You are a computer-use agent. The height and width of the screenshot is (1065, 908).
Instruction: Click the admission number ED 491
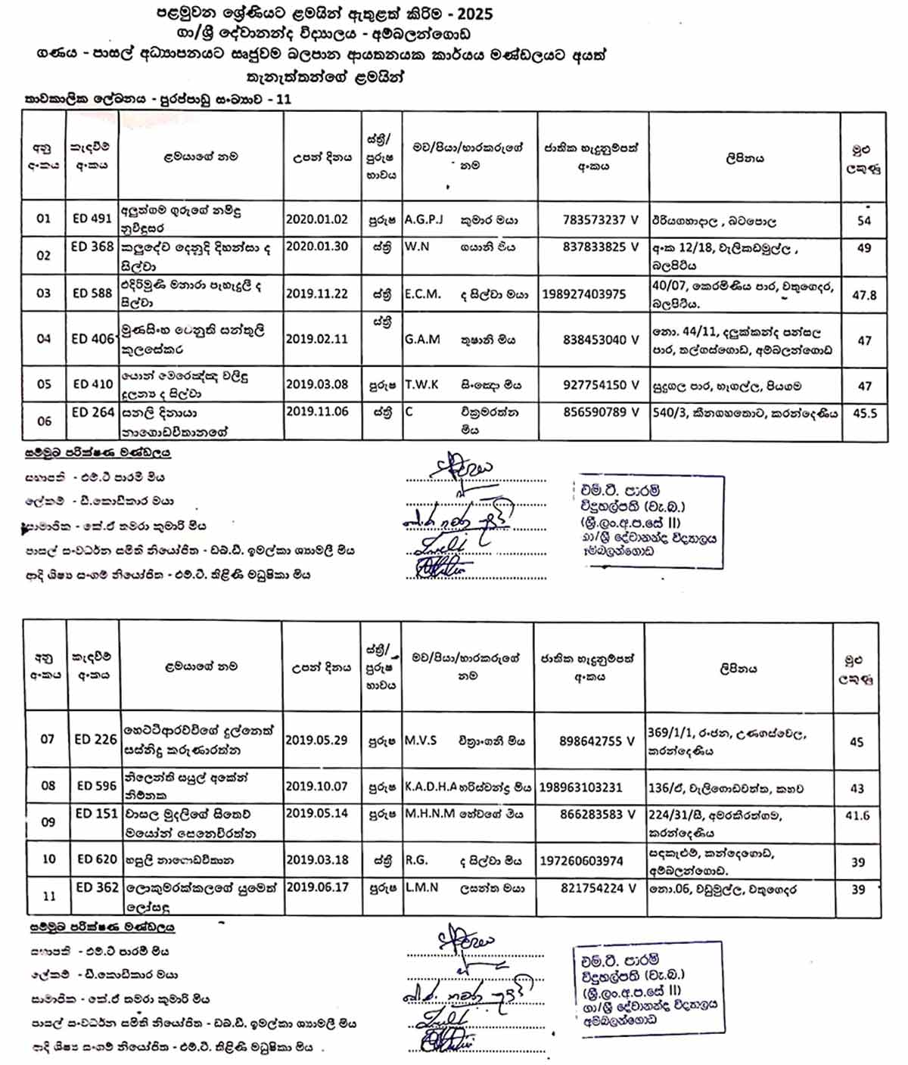pyautogui.click(x=92, y=219)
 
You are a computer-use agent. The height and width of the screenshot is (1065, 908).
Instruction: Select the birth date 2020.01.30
pyautogui.click(x=316, y=247)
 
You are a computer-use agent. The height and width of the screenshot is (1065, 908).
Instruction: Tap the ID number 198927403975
pyautogui.click(x=583, y=294)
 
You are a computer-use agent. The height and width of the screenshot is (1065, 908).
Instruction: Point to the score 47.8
pyautogui.click(x=864, y=295)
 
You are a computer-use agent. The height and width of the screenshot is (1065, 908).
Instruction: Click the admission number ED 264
pyautogui.click(x=92, y=412)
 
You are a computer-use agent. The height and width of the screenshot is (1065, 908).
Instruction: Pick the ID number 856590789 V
pyautogui.click(x=600, y=412)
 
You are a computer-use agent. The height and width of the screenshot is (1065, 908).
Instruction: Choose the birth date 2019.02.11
pyautogui.click(x=316, y=339)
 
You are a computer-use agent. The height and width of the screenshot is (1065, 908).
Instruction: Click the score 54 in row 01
pyautogui.click(x=864, y=221)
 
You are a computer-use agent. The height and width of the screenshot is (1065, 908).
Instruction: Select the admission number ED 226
pyautogui.click(x=95, y=739)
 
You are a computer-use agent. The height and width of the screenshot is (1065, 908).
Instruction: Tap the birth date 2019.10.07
pyautogui.click(x=316, y=787)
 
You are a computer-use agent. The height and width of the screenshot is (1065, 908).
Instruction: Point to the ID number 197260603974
pyautogui.click(x=581, y=861)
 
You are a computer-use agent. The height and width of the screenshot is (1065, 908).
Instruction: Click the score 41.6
pyautogui.click(x=857, y=815)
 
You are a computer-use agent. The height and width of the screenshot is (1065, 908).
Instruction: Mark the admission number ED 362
pyautogui.click(x=97, y=887)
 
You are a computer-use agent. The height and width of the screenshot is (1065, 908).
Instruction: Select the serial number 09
pyautogui.click(x=48, y=822)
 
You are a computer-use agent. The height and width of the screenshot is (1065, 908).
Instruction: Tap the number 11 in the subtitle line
pyautogui.click(x=284, y=99)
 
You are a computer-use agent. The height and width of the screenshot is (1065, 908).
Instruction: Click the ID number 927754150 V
pyautogui.click(x=600, y=385)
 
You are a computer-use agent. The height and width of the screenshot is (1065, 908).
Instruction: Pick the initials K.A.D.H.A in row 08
pyautogui.click(x=431, y=787)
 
